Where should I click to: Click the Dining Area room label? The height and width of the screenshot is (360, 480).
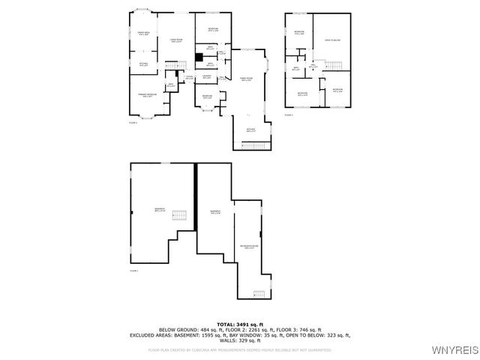click(x=142, y=32)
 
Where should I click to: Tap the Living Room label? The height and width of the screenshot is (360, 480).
click(x=176, y=40)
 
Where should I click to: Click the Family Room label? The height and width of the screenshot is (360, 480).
click(x=245, y=79)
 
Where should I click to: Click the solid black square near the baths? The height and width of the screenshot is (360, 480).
click(x=199, y=56)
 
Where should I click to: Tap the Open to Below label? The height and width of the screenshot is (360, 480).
click(x=333, y=40)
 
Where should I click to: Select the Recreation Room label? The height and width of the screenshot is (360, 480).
click(x=249, y=247)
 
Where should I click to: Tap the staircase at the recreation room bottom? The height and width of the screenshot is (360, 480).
click(x=260, y=292)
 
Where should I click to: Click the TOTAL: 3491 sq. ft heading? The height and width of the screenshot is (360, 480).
click(x=240, y=323)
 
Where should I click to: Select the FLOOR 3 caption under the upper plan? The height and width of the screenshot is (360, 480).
click(x=289, y=115)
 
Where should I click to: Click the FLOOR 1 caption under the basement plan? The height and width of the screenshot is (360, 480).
click(x=134, y=270)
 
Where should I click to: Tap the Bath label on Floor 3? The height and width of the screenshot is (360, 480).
click(x=296, y=68)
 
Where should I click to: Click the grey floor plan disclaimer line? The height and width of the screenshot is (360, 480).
click(x=240, y=349)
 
